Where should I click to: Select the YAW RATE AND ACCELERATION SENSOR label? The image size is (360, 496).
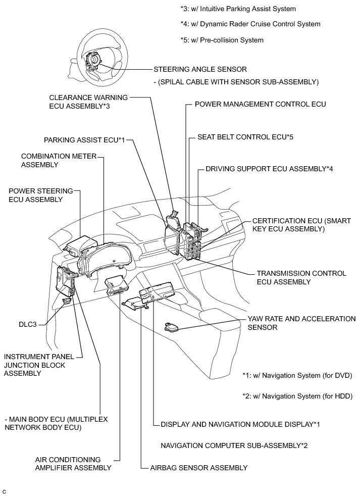tap(301, 323)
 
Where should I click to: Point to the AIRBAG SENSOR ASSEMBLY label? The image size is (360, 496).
tap(199, 468)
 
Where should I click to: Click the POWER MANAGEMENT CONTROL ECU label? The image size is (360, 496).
tap(261, 105)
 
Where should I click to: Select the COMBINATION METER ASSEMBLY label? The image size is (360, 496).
tap(58, 160)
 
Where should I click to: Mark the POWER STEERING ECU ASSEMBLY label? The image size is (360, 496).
tap(41, 195)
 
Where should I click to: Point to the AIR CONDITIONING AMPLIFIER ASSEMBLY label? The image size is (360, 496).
tap(73, 464)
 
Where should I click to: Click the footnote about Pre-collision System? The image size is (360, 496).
tap(222, 40)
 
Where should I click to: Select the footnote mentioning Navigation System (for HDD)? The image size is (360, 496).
tap(297, 395)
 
